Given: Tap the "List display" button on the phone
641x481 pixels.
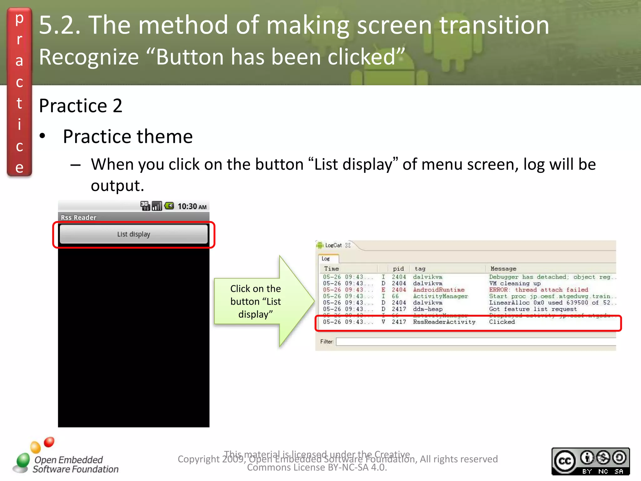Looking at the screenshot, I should [x=134, y=234].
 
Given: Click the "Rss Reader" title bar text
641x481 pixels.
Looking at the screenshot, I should [x=79, y=217].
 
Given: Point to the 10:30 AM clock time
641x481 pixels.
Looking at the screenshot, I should [x=192, y=206].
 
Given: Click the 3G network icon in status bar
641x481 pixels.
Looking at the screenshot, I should [x=145, y=206].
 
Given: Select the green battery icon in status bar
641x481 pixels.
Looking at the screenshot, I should [x=169, y=206].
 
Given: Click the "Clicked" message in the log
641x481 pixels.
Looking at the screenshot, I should [x=502, y=322].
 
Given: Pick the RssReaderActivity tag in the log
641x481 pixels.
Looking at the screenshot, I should [x=444, y=322].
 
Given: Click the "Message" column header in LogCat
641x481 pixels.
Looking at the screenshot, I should [x=503, y=269].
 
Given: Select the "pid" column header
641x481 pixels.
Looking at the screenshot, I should [x=398, y=269].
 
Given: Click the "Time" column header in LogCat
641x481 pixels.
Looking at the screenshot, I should [x=331, y=269].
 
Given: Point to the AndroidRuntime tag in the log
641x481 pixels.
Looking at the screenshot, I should [x=438, y=290].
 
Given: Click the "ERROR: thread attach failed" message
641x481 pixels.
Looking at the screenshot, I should [x=538, y=290].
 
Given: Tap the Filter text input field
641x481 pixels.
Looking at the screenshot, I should [x=476, y=342].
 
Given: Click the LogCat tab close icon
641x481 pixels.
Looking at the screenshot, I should [x=348, y=245].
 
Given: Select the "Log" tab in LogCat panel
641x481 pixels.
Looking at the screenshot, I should [x=326, y=259].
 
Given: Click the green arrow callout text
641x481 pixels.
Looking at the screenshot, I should [x=255, y=301].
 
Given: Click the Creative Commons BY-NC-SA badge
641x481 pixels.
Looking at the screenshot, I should [x=590, y=461].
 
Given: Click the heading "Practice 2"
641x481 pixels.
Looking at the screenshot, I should [x=80, y=106].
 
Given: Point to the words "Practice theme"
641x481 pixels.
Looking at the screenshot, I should [x=128, y=137].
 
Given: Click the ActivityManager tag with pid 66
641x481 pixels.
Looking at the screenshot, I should [x=440, y=296].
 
